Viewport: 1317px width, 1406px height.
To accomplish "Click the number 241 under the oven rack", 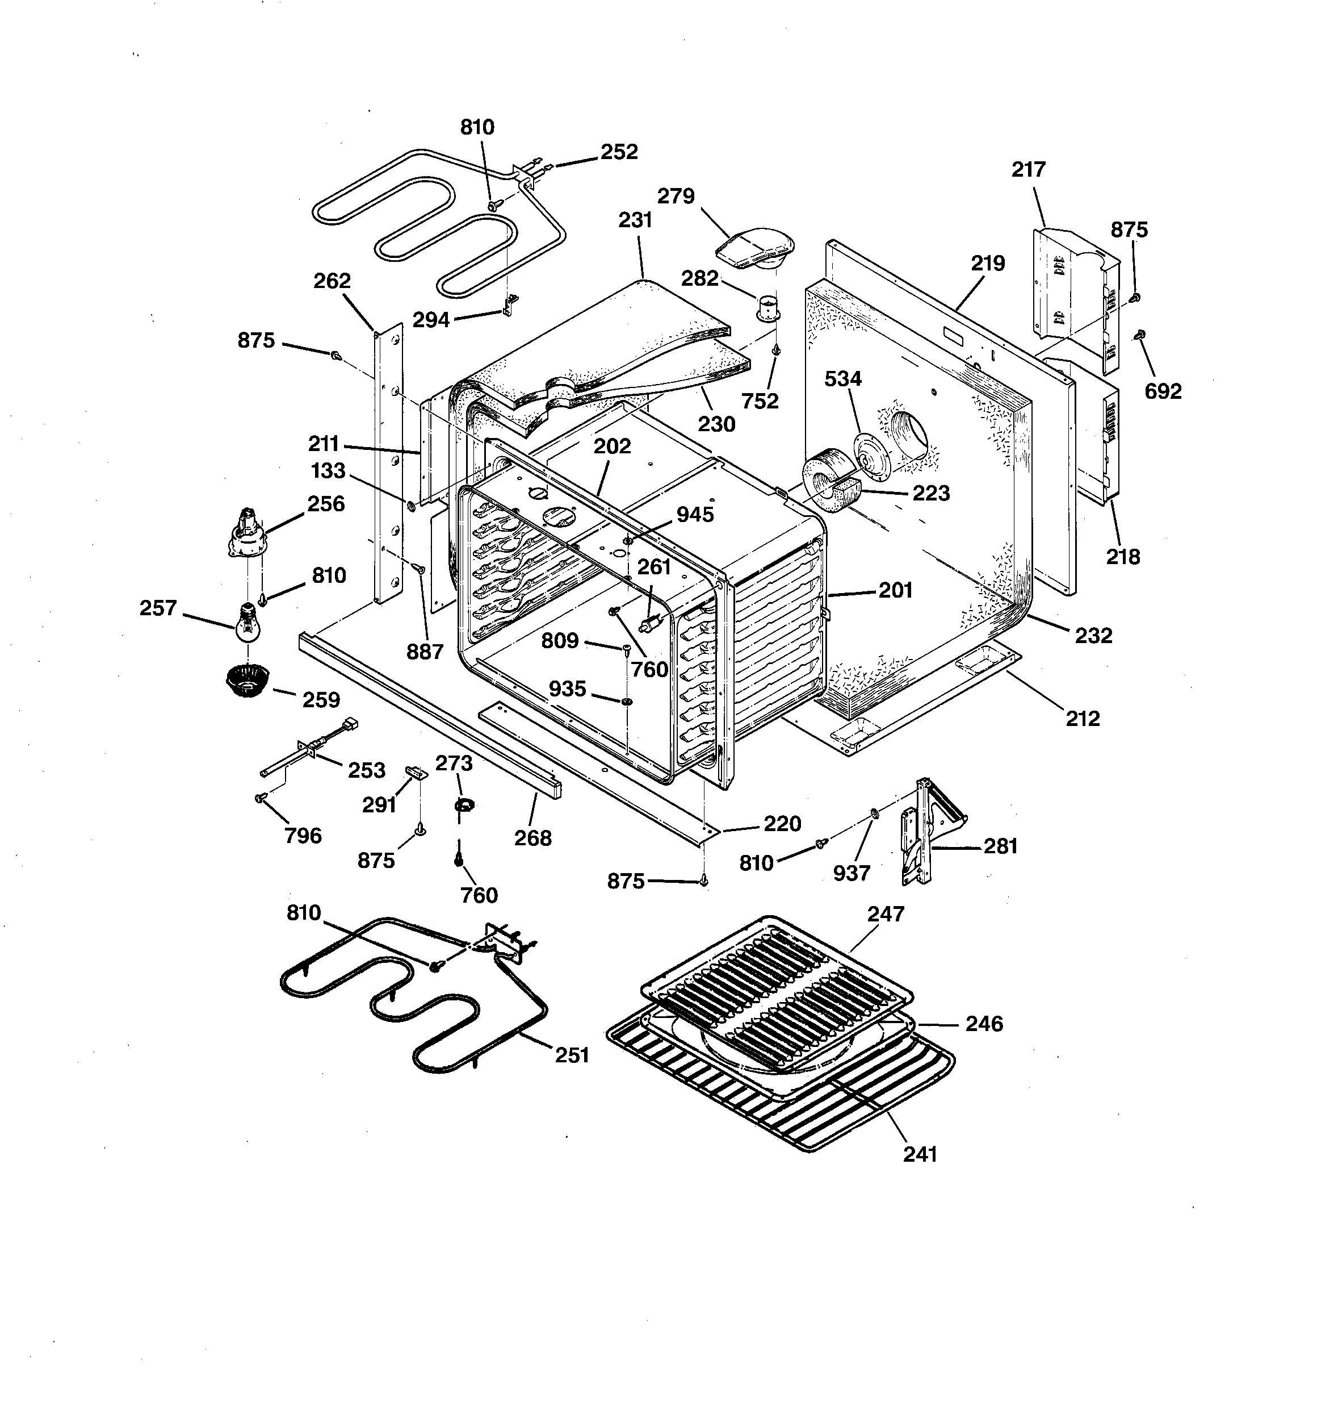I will pos(920,1154).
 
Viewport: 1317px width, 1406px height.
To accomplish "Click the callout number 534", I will pos(844,379).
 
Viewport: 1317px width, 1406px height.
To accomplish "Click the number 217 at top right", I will pos(1028,170).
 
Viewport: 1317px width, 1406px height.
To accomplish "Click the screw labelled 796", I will pos(259,798).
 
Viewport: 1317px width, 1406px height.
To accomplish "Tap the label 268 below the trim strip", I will pos(532,838).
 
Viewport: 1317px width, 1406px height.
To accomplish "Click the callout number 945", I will pos(695,515).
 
